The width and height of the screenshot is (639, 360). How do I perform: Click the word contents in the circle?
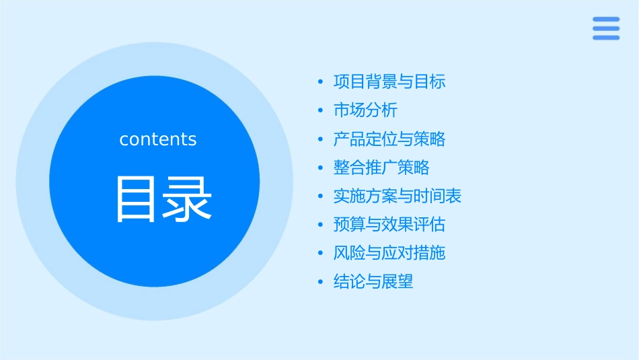pyautogui.click(x=158, y=139)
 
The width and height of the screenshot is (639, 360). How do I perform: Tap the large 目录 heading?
pyautogui.click(x=163, y=199)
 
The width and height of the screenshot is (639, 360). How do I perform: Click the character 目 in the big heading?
pyautogui.click(x=139, y=199)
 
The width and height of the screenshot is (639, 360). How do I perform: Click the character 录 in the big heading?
pyautogui.click(x=188, y=199)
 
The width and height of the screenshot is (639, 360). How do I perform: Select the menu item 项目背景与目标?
pyautogui.click(x=389, y=82)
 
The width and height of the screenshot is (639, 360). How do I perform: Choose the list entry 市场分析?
pyautogui.click(x=365, y=110)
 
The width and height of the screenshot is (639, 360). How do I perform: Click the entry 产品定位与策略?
pyautogui.click(x=389, y=139)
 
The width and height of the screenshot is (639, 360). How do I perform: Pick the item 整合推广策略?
pyautogui.click(x=381, y=168)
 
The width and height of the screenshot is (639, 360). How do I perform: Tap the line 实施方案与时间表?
pyautogui.click(x=398, y=196)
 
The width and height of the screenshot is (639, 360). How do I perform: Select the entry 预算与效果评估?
pyautogui.click(x=389, y=224)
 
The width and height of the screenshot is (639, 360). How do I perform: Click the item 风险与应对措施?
pyautogui.click(x=389, y=253)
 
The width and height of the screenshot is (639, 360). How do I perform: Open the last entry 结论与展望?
pyautogui.click(x=373, y=282)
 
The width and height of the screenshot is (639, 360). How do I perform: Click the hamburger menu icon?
pyautogui.click(x=606, y=28)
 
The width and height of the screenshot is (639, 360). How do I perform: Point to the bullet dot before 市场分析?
pyautogui.click(x=321, y=111)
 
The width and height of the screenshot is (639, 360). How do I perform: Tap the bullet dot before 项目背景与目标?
pyautogui.click(x=321, y=83)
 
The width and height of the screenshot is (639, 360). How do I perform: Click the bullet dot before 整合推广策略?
pyautogui.click(x=321, y=168)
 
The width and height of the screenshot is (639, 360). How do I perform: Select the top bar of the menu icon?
pyautogui.click(x=606, y=19)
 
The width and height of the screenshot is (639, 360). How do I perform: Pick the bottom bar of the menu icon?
pyautogui.click(x=606, y=38)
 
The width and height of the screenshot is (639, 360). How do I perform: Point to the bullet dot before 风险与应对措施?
pyautogui.click(x=321, y=254)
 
